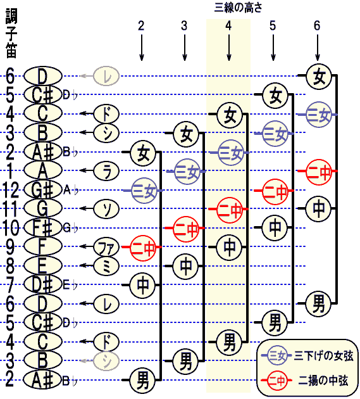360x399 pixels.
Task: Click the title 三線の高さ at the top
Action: tap(239, 8)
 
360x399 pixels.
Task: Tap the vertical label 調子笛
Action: tap(11, 33)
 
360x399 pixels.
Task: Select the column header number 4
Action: tap(228, 26)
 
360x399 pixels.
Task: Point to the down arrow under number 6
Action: tap(317, 48)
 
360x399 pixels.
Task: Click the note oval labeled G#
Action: tap(43, 189)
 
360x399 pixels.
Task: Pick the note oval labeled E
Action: tap(43, 265)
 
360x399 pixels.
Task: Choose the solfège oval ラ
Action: tap(106, 170)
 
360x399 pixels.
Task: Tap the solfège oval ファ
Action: tap(106, 246)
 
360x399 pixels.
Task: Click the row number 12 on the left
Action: tap(10, 190)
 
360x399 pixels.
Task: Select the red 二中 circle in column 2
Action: tap(143, 248)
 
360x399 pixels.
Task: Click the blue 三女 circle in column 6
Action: tap(319, 115)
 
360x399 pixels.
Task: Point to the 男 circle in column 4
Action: tap(229, 343)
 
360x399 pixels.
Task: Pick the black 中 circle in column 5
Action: tap(275, 228)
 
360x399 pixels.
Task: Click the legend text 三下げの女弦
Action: tap(323, 355)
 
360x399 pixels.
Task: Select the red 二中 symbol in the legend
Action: tap(277, 381)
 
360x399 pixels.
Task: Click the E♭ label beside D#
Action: tap(70, 285)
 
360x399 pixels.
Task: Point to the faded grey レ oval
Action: tap(106, 75)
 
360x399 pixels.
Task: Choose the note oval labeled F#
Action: tap(43, 227)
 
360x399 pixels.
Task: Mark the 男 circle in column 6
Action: tap(318, 304)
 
